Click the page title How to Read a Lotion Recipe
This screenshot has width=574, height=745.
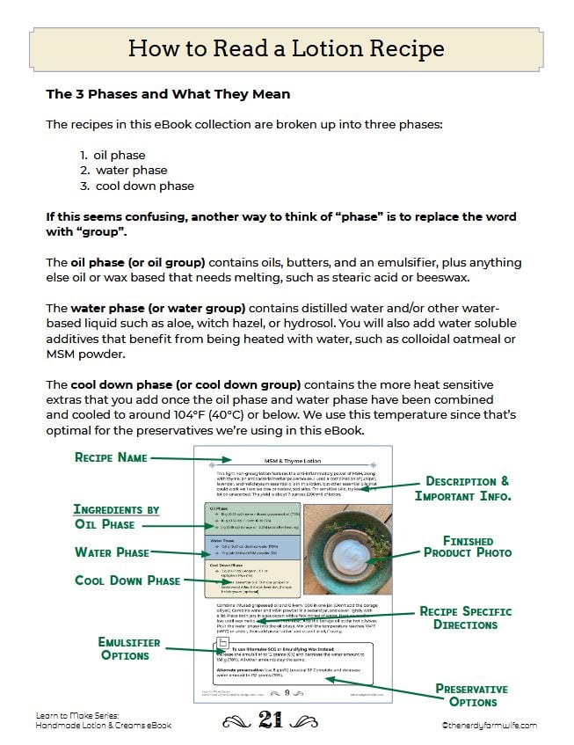pyautogui.click(x=287, y=47)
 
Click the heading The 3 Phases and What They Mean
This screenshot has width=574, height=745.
pyautogui.click(x=168, y=93)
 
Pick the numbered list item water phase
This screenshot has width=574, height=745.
pyautogui.click(x=131, y=171)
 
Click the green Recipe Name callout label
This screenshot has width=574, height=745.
pyautogui.click(x=110, y=457)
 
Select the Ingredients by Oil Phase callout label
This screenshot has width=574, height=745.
pyautogui.click(x=117, y=516)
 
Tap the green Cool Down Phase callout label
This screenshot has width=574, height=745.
pyautogui.click(x=127, y=581)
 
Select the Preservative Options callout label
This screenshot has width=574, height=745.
pyautogui.click(x=471, y=695)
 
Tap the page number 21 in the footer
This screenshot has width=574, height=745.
pyautogui.click(x=270, y=721)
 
